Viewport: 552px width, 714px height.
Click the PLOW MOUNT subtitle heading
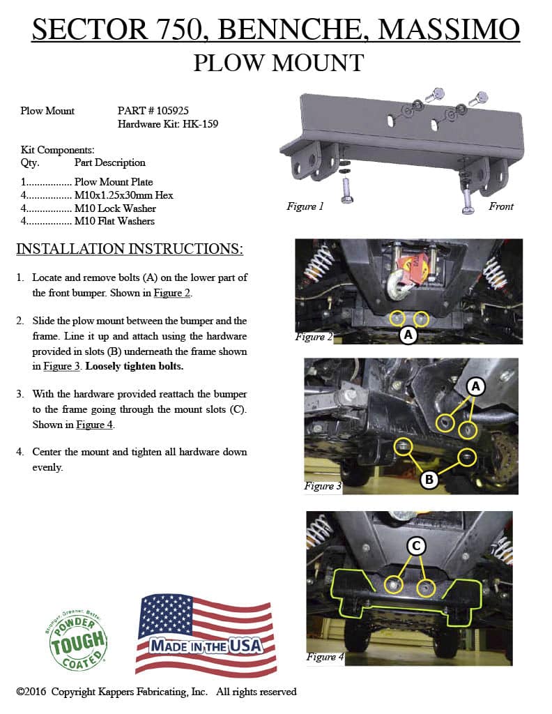(x=278, y=63)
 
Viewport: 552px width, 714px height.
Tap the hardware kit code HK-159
(x=201, y=123)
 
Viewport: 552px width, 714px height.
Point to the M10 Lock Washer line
(x=115, y=208)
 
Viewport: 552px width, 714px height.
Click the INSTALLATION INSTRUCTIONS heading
(x=130, y=249)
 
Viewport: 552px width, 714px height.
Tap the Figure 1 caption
(x=305, y=207)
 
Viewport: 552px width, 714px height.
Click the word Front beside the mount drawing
(x=500, y=206)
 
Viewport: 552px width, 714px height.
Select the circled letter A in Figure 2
(x=408, y=335)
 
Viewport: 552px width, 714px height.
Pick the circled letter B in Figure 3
(x=429, y=479)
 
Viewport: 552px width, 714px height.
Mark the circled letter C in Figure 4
(x=415, y=547)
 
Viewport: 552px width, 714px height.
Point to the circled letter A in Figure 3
(x=476, y=386)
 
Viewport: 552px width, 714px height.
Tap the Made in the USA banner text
(x=206, y=646)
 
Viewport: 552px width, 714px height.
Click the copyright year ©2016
(x=31, y=692)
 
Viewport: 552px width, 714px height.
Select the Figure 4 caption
(x=325, y=657)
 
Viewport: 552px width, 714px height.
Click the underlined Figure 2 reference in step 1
(x=172, y=293)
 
